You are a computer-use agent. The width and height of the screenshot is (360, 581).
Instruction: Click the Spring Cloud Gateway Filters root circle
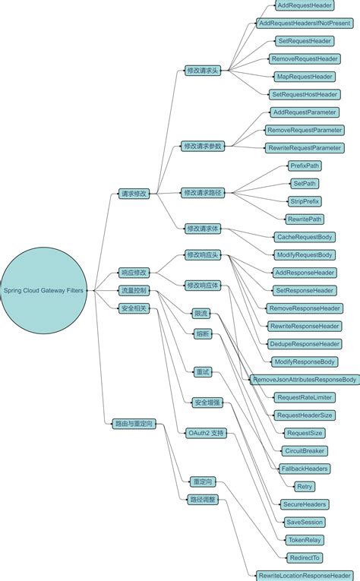(44, 289)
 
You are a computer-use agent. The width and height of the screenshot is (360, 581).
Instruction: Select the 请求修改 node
(134, 194)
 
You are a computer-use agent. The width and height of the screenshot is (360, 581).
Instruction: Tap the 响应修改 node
(134, 272)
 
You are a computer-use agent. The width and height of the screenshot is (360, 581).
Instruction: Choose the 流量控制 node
(134, 290)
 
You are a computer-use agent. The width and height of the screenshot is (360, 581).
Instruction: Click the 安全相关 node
(134, 308)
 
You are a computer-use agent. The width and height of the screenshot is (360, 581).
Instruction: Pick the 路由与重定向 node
(134, 424)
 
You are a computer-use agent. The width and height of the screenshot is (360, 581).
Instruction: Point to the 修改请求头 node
(203, 70)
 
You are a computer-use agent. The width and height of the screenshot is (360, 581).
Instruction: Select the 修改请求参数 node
(203, 146)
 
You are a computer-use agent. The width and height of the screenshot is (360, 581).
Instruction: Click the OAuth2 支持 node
(205, 432)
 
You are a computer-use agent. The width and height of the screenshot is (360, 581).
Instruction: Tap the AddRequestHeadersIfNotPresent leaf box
(304, 23)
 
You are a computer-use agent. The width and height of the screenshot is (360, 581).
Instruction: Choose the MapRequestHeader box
(304, 77)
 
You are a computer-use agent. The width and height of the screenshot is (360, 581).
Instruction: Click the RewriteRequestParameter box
(304, 147)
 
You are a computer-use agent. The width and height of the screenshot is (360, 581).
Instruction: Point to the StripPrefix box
(305, 201)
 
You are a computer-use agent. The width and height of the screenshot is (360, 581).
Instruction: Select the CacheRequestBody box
(304, 237)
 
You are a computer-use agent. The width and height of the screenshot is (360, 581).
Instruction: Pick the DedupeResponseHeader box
(305, 344)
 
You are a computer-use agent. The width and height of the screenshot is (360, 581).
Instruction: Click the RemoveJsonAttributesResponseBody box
(305, 379)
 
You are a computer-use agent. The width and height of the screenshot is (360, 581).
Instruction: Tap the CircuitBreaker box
(305, 450)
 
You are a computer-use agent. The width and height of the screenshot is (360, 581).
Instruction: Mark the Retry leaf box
(305, 486)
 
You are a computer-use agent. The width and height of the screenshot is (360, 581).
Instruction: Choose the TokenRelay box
(305, 540)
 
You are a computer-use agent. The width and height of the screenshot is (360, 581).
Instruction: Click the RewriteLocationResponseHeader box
(305, 575)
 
